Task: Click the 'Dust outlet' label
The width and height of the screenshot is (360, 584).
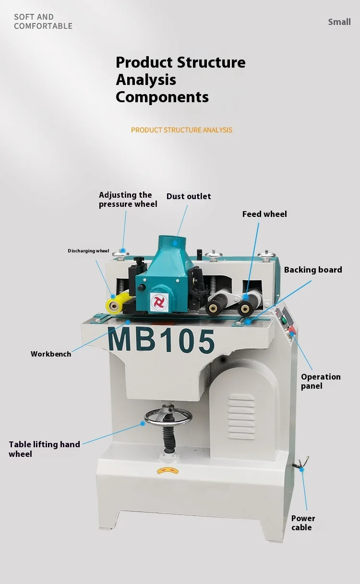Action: pos(189,196)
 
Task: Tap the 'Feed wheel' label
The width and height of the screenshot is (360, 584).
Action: pos(264,214)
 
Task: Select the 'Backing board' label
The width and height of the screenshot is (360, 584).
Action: pos(313,270)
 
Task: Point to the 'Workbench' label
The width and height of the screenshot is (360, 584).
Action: pos(51,354)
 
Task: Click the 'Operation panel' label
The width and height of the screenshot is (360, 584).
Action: pos(321,381)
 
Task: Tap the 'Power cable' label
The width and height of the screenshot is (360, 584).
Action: pos(303,523)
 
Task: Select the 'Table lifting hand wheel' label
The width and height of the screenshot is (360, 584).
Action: pos(44,449)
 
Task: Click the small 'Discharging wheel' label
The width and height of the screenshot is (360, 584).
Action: pos(88,251)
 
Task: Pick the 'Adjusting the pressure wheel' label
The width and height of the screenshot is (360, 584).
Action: pos(128,199)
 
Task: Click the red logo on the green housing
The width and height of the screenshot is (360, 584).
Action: pos(158,301)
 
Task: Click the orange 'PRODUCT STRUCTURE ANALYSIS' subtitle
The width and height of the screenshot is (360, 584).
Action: pos(181,130)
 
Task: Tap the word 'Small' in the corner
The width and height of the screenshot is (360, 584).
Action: pos(339,22)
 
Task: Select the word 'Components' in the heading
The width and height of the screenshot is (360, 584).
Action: pos(162,97)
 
